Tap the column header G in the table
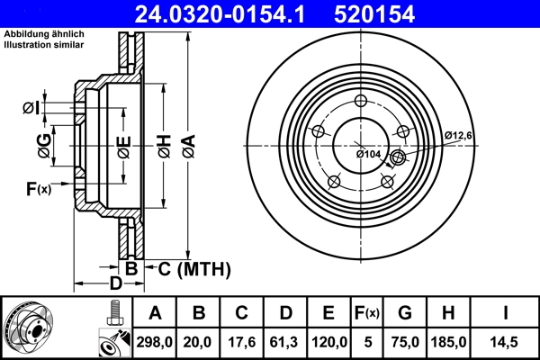point(404,313)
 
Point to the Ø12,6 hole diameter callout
point(458,135)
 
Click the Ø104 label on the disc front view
point(369,155)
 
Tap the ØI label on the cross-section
point(30,109)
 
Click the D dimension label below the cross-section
point(115,284)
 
